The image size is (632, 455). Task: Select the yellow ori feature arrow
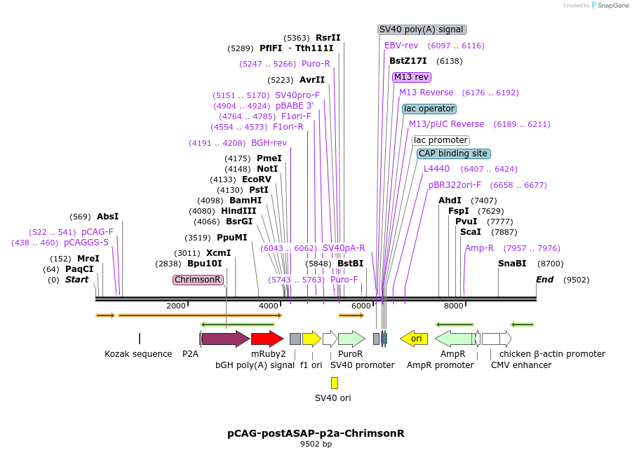(x=414, y=339)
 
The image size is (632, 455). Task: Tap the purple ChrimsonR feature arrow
(x=225, y=339)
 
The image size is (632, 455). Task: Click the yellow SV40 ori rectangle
(x=335, y=383)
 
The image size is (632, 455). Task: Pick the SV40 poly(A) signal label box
(x=422, y=29)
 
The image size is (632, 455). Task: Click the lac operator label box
(x=429, y=109)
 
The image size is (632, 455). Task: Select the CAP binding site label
(x=453, y=154)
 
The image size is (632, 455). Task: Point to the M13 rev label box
(x=412, y=77)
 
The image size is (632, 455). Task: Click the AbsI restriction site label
(x=108, y=217)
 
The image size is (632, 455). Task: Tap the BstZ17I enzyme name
(x=408, y=61)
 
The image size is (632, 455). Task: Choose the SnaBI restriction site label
(x=512, y=264)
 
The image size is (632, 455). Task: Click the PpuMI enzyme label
(x=232, y=238)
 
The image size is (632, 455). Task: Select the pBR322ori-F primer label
(x=455, y=185)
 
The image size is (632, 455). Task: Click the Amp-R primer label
(x=480, y=248)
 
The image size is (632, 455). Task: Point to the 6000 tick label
(x=361, y=306)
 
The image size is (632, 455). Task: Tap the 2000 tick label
(x=176, y=306)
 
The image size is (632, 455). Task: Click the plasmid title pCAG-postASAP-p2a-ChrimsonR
(x=316, y=433)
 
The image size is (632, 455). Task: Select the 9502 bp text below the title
(x=316, y=444)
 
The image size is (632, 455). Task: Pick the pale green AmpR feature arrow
(x=454, y=339)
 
